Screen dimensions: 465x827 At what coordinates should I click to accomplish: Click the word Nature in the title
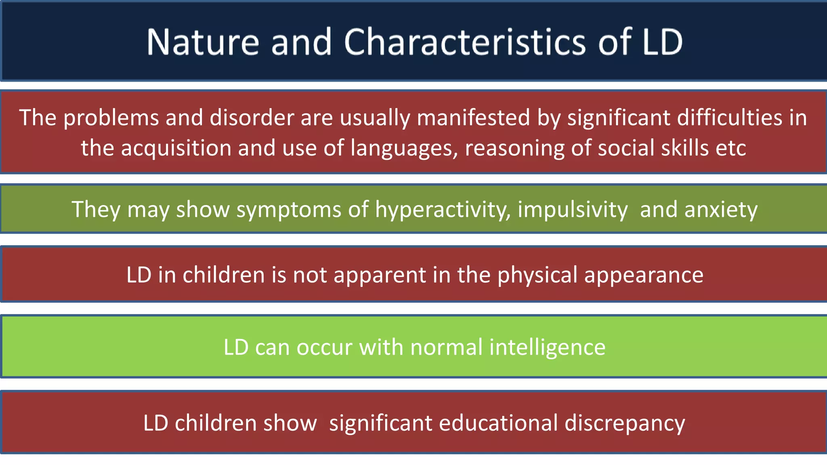tap(202, 42)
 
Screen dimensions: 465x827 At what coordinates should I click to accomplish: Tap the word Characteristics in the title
tap(464, 42)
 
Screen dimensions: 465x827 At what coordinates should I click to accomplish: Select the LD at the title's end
tap(662, 42)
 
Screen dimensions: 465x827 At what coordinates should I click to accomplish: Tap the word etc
tap(730, 148)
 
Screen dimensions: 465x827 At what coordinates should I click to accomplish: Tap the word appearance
tap(644, 275)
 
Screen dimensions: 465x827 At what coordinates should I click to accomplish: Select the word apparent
tap(380, 275)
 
